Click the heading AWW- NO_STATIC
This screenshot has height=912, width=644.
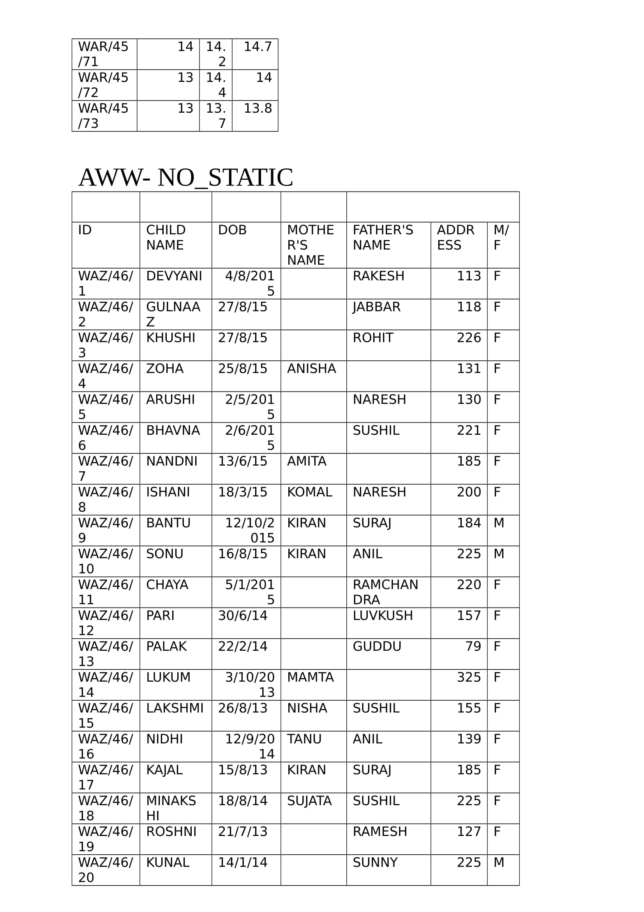point(186,177)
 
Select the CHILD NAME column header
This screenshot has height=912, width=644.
point(166,237)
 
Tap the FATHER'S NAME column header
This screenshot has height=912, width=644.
point(383,237)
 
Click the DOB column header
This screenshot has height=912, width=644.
point(232,230)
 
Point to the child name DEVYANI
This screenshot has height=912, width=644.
point(174,276)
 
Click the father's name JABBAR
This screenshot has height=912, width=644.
point(376,307)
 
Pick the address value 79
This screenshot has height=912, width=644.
point(473,646)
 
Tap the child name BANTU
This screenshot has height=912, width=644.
point(168,523)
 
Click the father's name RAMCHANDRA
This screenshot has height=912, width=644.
point(385,592)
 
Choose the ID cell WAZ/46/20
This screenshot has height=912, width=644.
point(105,869)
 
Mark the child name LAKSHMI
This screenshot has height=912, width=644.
point(175,708)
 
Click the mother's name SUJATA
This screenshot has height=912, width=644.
point(309,800)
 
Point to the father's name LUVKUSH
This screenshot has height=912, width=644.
point(383,615)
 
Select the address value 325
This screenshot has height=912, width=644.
point(469,677)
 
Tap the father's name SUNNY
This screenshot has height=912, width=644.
point(375,862)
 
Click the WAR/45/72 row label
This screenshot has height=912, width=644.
point(103,85)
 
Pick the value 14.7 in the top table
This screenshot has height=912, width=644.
point(258,47)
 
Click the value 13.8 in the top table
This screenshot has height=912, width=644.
point(258,108)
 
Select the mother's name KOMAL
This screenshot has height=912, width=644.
point(309,492)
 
